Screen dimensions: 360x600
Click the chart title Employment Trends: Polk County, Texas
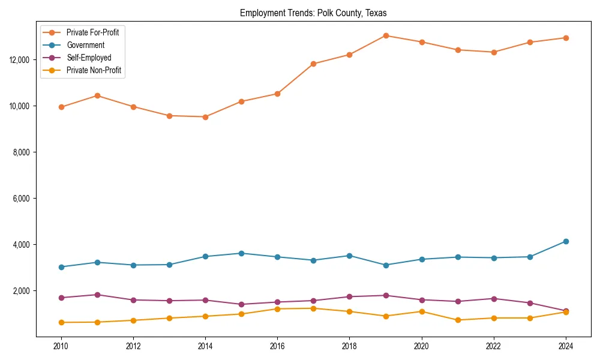(313, 13)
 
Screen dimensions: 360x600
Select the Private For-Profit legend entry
(92, 32)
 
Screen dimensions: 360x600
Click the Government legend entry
(85, 45)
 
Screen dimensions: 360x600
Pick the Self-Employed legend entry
(89, 58)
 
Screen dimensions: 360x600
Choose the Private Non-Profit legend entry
(94, 70)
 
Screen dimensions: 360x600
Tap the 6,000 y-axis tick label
(21, 199)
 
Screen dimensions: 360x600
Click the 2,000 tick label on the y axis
(21, 291)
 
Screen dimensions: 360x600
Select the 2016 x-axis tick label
(277, 346)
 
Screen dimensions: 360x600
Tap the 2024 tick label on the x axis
(566, 346)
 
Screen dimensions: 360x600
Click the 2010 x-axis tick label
(61, 346)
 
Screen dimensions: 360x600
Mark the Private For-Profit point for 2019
(386, 35)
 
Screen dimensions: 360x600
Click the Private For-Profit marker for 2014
(205, 117)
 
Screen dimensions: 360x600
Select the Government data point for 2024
(566, 241)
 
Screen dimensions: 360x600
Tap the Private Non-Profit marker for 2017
(313, 308)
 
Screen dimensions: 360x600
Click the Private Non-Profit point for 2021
(458, 320)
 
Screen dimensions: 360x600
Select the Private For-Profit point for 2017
(313, 64)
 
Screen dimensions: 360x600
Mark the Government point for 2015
(241, 253)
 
